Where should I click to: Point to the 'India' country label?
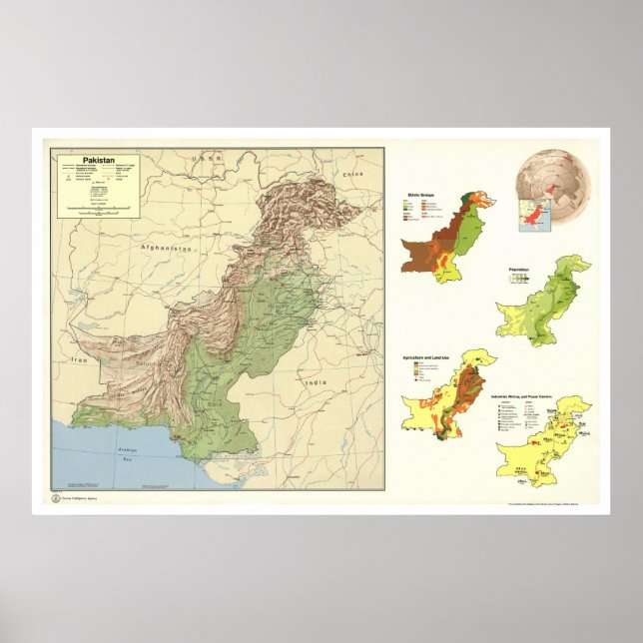coord(317,383)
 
